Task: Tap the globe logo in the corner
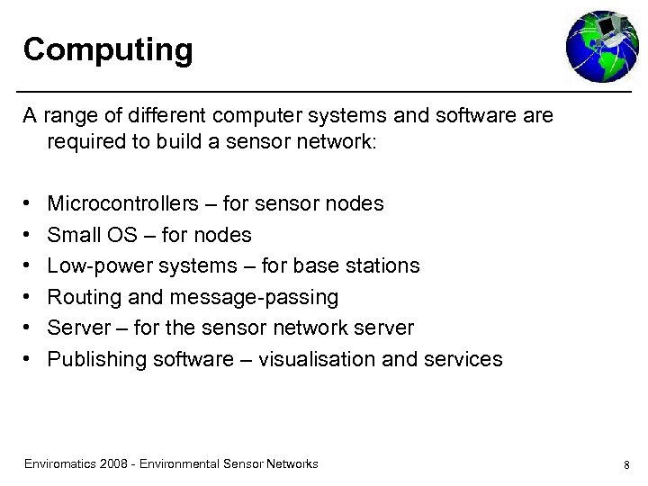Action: coord(600,46)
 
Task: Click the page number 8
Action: coord(625,465)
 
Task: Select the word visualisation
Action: coord(317,359)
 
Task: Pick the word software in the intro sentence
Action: coord(472,117)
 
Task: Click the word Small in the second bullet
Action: coord(70,235)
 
